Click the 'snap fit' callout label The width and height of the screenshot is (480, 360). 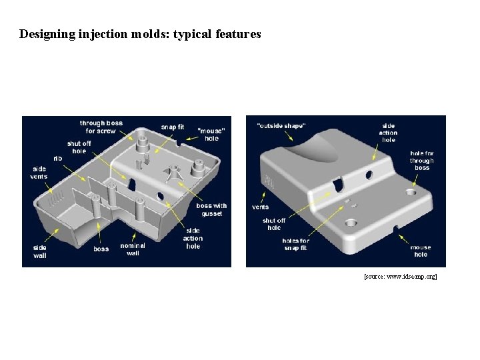coord(172,127)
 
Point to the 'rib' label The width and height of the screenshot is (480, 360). coord(58,158)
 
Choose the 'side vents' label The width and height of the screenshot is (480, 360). coord(39,173)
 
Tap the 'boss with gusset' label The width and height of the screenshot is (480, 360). coord(211,209)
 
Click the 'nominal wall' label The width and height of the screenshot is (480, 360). coord(132,249)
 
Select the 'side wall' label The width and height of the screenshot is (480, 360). coord(39,250)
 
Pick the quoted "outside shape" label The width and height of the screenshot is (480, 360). coord(281,125)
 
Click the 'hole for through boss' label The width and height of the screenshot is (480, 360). coord(421,160)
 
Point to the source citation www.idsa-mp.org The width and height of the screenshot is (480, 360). coord(400,275)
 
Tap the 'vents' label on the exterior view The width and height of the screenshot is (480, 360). coord(260,207)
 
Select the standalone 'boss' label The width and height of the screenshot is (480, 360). coord(101,249)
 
